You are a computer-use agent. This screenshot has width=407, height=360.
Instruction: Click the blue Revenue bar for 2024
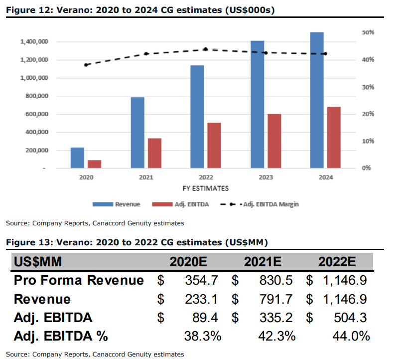tap(317, 100)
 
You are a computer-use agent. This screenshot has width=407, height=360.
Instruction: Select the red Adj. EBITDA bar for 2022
tap(214, 145)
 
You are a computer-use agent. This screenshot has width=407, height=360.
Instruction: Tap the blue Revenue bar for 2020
tap(77, 158)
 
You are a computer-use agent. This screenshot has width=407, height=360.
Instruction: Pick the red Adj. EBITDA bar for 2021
tap(155, 153)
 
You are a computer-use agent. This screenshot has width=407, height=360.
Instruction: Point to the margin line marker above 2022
tap(206, 49)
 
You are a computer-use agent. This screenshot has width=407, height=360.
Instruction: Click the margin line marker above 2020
tap(86, 65)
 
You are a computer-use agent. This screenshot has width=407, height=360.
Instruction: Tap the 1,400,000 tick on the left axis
tap(34, 42)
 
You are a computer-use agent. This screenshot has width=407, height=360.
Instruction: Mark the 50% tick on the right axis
tap(369, 32)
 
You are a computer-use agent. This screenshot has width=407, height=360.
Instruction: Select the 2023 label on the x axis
tap(266, 178)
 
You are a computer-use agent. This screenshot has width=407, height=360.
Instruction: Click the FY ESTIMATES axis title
tap(206, 188)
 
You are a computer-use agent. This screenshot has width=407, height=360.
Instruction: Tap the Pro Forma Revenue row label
tap(79, 281)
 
